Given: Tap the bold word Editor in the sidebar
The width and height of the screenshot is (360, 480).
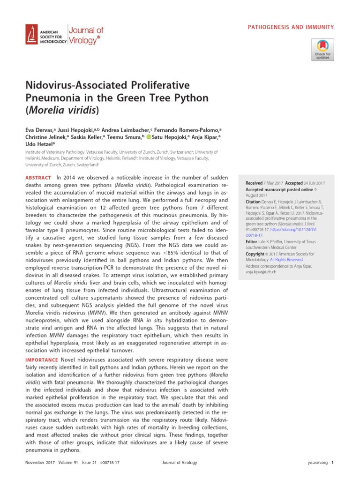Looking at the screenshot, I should tap(252, 241).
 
